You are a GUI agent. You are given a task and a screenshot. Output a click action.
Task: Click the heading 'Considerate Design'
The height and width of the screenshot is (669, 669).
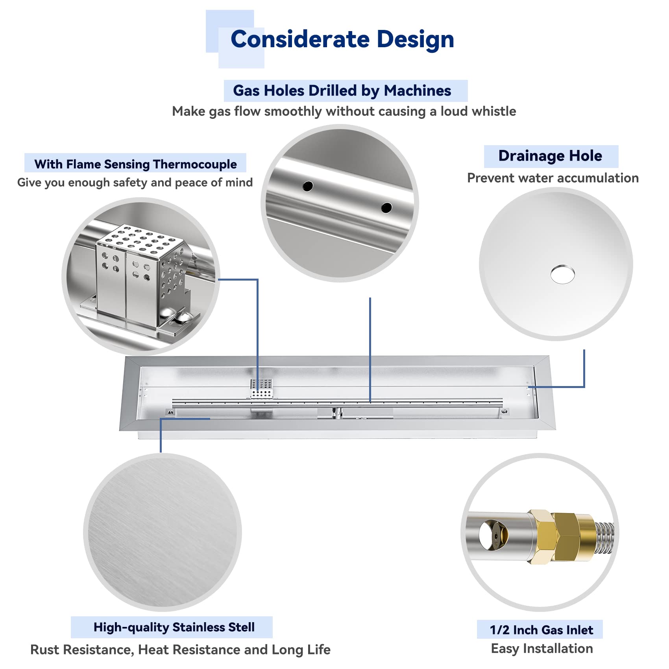pos(342,39)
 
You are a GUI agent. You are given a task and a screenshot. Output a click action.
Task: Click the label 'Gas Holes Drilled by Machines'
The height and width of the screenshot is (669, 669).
pos(342,91)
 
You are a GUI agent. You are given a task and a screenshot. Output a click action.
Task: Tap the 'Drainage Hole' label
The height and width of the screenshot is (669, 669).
pos(550,156)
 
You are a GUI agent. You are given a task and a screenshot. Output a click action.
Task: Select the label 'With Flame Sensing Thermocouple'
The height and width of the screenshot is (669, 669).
pos(135,164)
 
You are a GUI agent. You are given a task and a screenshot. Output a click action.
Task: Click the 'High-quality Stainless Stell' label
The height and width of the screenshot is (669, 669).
pos(174,627)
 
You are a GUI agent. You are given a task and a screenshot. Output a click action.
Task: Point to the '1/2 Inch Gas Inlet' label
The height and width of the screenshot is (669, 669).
pos(541,630)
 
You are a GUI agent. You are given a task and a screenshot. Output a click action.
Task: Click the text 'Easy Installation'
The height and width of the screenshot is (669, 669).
pos(542,649)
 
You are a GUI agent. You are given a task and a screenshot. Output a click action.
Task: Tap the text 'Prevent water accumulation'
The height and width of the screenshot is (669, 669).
pos(553,178)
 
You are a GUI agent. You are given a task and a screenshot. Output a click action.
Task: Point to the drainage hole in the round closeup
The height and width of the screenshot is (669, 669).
pos(563,274)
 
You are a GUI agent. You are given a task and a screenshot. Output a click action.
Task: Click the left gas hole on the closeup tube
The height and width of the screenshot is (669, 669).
pos(308,186)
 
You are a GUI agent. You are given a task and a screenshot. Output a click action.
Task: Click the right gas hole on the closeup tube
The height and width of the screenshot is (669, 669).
pos(386,207)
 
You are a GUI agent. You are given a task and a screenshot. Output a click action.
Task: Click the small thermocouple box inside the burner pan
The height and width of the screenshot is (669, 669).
pos(261,389)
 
